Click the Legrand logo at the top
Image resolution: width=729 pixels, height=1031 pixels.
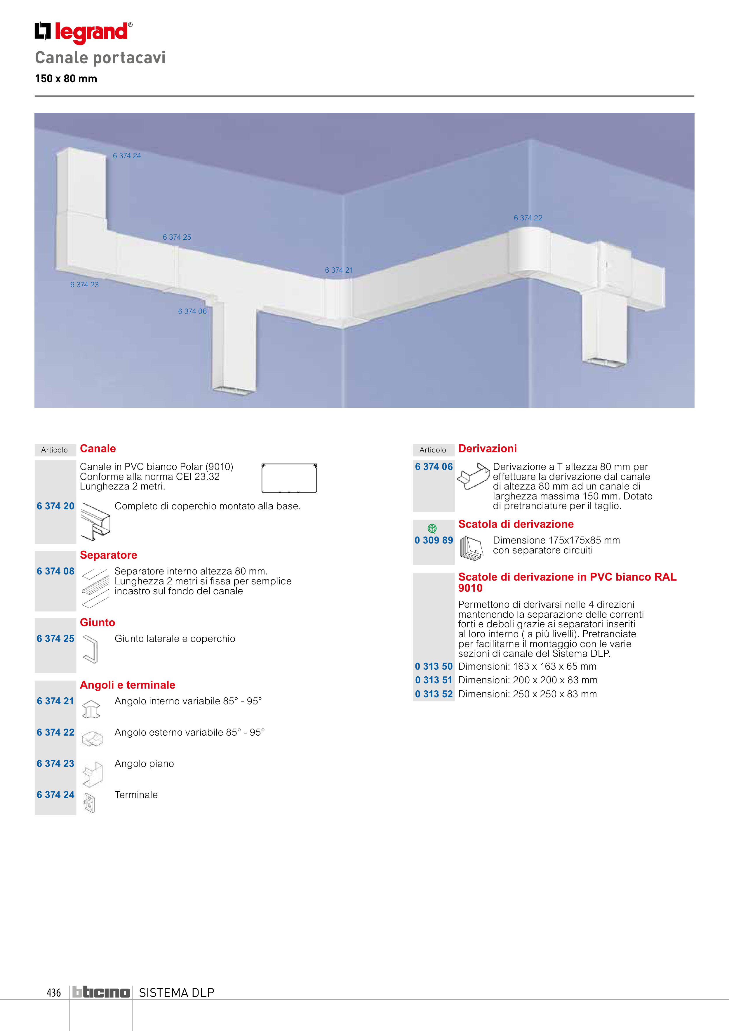tap(83, 32)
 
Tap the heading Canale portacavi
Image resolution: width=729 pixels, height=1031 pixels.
tap(100, 58)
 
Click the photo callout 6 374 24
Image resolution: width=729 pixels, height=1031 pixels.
tap(127, 156)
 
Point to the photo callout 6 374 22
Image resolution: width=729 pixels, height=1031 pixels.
tap(528, 218)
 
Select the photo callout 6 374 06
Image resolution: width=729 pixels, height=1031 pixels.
tap(192, 311)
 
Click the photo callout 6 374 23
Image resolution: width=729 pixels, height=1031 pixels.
tap(84, 285)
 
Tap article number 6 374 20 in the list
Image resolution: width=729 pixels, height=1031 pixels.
tap(56, 506)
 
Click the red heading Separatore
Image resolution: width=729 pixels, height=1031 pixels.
tap(108, 555)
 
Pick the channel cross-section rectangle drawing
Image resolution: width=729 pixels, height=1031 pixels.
tap(289, 478)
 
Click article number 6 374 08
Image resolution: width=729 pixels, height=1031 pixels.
tap(56, 571)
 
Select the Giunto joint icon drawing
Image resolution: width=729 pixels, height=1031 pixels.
tap(91, 649)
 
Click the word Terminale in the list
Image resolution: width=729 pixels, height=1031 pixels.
tap(136, 795)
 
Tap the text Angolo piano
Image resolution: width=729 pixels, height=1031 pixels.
tap(144, 763)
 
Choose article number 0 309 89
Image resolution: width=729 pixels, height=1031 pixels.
tap(434, 540)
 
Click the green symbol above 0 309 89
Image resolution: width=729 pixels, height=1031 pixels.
tap(432, 529)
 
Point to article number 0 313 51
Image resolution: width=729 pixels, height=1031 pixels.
tap(434, 680)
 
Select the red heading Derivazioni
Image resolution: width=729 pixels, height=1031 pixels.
tap(487, 449)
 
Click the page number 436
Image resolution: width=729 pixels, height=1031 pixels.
tap(53, 992)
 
